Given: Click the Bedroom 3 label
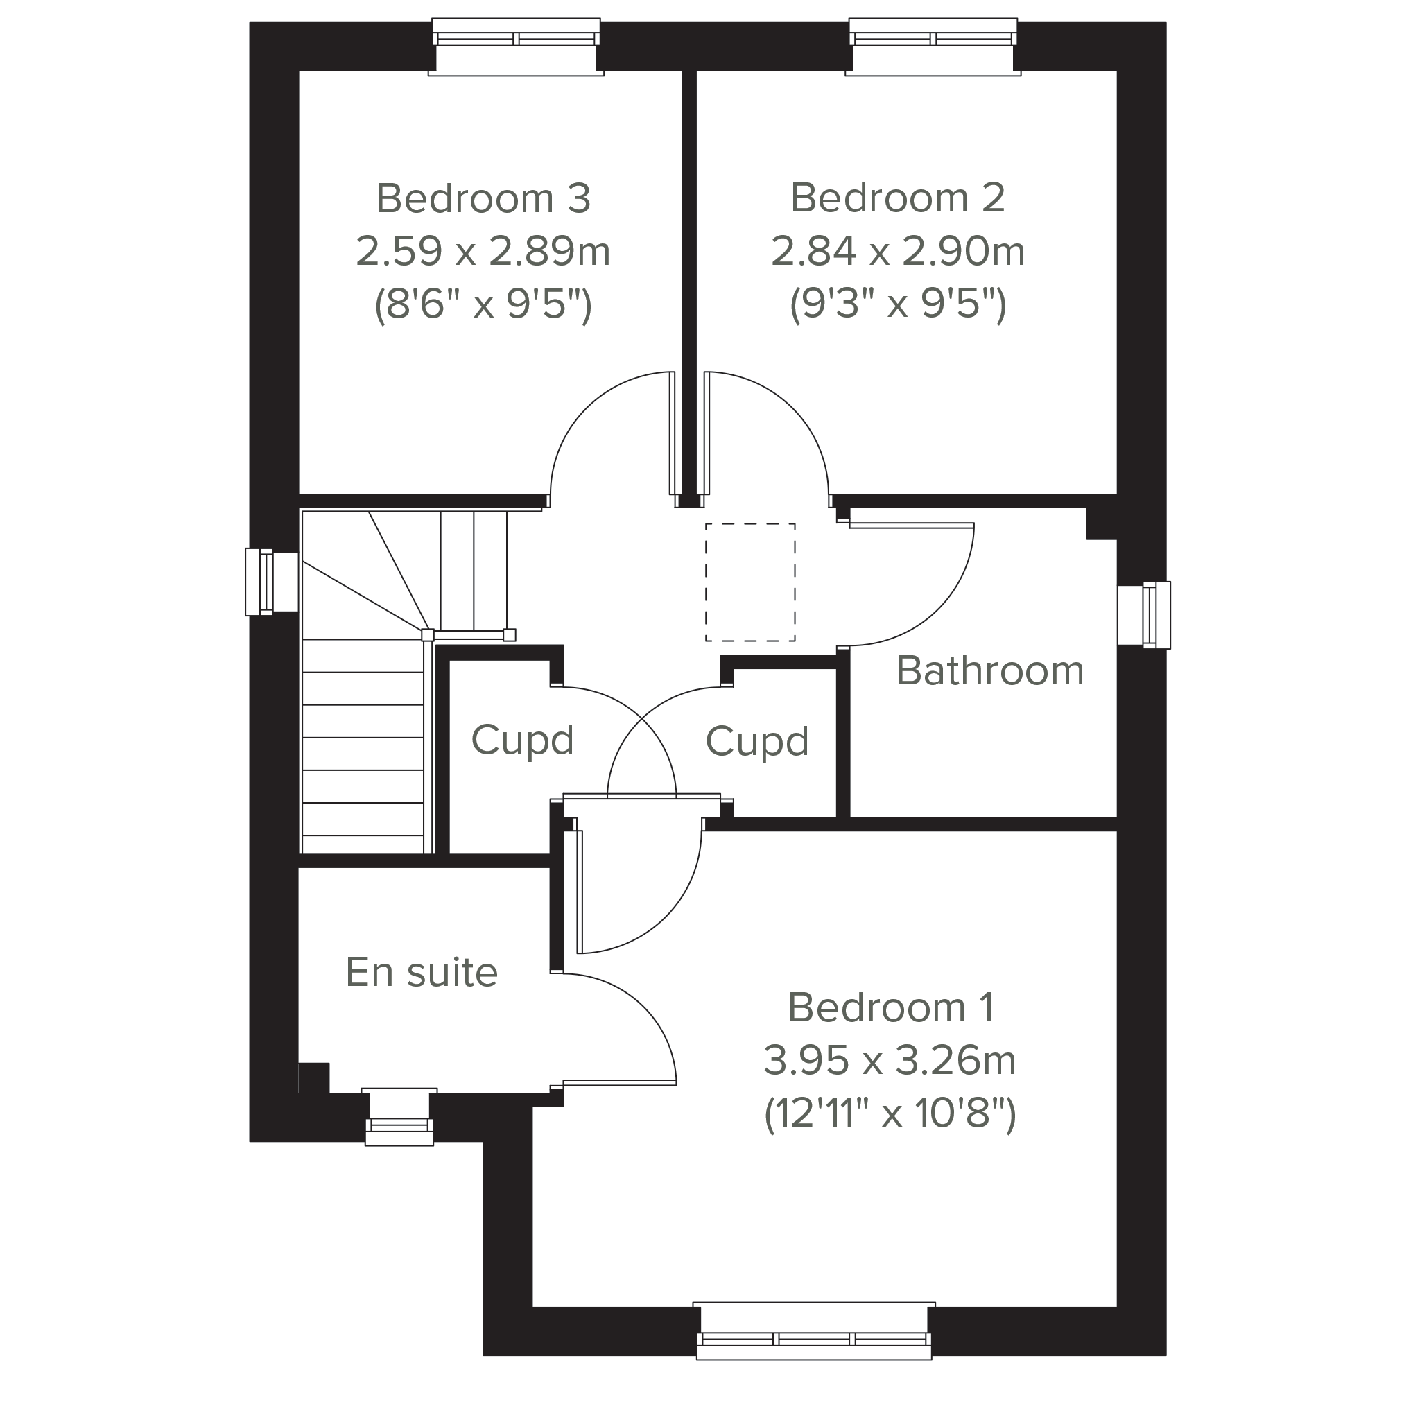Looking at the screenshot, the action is click(x=483, y=198).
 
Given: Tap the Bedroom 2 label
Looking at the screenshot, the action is click(x=898, y=198).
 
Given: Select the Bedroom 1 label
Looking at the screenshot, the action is click(x=890, y=1007).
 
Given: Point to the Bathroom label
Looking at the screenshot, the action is click(x=990, y=670).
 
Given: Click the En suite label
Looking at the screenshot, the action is click(x=422, y=972).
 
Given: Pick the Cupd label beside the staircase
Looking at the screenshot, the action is click(x=523, y=740).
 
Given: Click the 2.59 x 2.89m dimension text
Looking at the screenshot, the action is click(x=483, y=252).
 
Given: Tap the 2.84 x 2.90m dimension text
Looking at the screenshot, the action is click(x=898, y=252).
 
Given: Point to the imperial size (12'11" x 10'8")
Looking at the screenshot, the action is click(x=890, y=1113).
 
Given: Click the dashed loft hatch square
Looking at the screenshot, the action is click(x=750, y=582).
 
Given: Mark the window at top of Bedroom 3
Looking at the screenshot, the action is click(x=516, y=46).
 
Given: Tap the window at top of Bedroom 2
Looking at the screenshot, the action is click(x=933, y=46).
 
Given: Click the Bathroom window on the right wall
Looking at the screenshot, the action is click(x=1144, y=615).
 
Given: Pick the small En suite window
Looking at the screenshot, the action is click(x=399, y=1117).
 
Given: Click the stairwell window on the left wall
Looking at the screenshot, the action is click(x=272, y=582).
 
